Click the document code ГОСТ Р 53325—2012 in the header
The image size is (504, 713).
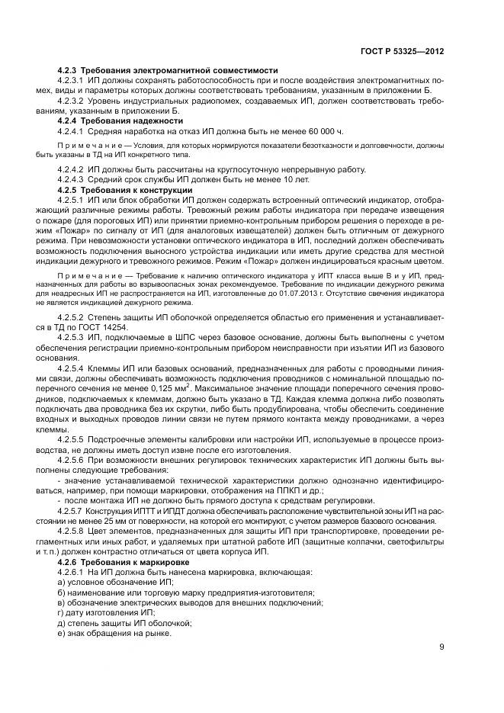coord(402,51)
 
